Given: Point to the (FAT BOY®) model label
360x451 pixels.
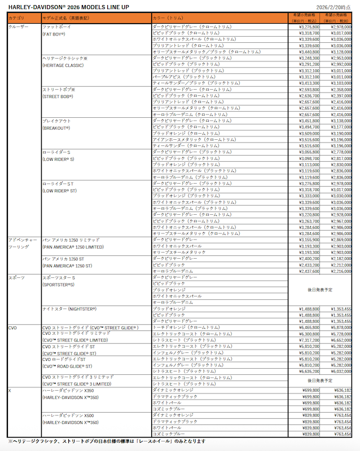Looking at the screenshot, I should tap(54, 34).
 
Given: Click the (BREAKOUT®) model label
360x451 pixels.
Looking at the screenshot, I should tap(56, 128).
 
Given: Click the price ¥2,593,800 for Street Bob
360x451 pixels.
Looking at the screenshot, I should tap(308, 89).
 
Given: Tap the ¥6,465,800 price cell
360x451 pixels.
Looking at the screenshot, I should tap(308, 327).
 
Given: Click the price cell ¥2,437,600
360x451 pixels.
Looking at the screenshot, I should tap(308, 271).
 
